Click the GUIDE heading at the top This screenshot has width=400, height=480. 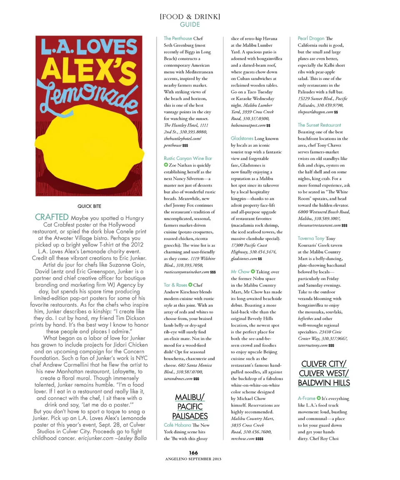[190, 25]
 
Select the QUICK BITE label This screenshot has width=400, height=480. [89, 206]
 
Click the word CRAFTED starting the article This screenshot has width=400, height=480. [52, 217]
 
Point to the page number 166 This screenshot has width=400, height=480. [193, 453]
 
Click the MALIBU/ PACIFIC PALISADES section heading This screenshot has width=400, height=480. [190, 406]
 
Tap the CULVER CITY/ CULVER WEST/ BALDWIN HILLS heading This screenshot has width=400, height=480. [323, 373]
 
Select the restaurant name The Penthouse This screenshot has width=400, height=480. [178, 38]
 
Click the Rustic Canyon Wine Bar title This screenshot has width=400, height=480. [188, 158]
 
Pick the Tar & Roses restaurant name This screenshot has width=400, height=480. [175, 285]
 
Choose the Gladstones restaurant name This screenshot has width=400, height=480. [242, 138]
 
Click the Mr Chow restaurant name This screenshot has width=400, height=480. [240, 272]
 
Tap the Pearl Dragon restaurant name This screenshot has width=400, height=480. [311, 38]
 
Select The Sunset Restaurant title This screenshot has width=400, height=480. [319, 125]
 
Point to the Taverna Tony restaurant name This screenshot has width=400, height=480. [311, 238]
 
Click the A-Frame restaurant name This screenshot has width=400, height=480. [306, 398]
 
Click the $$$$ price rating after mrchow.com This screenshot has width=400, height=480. [259, 439]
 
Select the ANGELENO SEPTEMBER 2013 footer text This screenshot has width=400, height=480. [193, 459]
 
